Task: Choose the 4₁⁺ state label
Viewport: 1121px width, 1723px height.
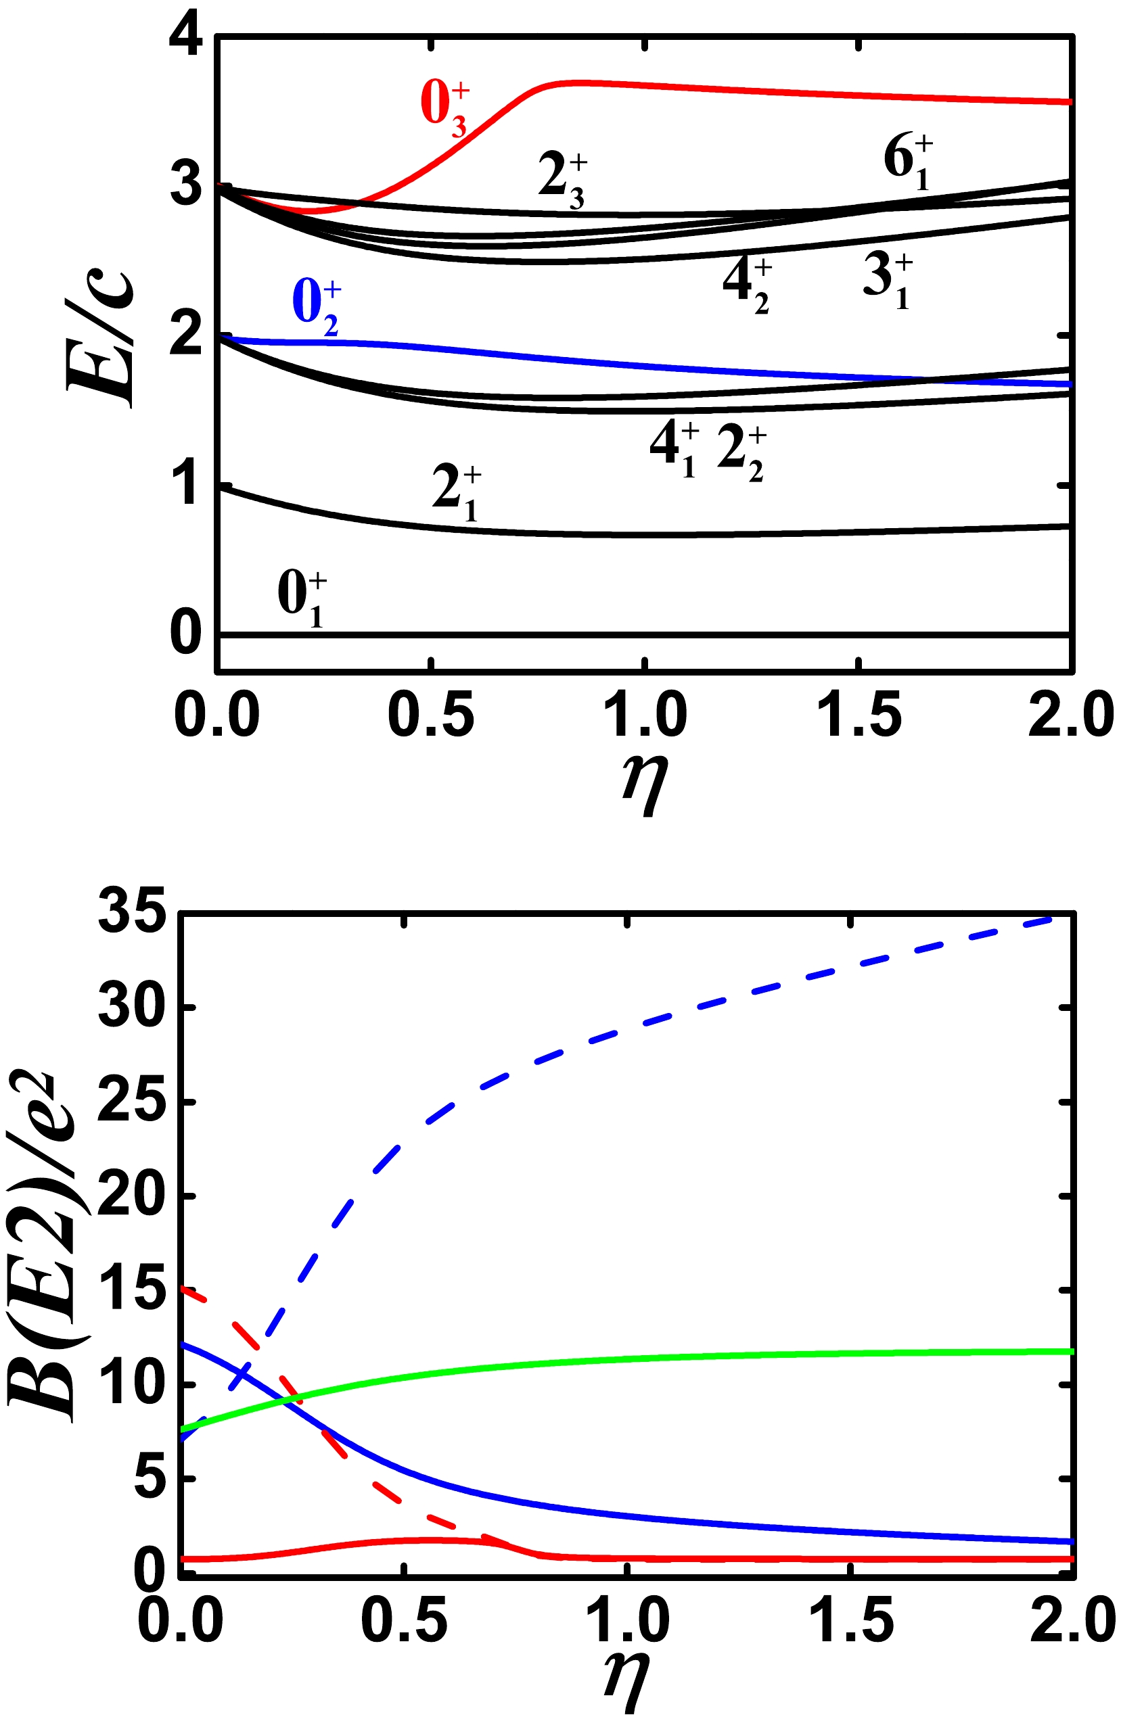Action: [x=673, y=450]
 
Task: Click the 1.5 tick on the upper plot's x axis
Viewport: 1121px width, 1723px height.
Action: [x=859, y=715]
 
